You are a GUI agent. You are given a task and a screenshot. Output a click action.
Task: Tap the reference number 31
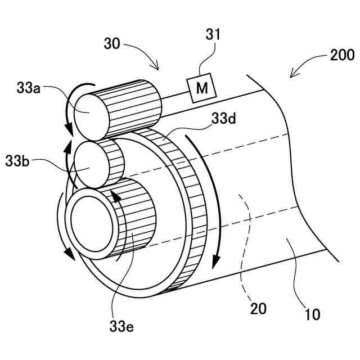click(213, 35)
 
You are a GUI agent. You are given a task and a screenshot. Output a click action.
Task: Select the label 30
click(112, 44)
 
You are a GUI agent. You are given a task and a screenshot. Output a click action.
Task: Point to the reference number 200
click(342, 55)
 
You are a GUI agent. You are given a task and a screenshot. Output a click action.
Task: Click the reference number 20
click(258, 308)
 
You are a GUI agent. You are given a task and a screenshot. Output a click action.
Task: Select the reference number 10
click(312, 313)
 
